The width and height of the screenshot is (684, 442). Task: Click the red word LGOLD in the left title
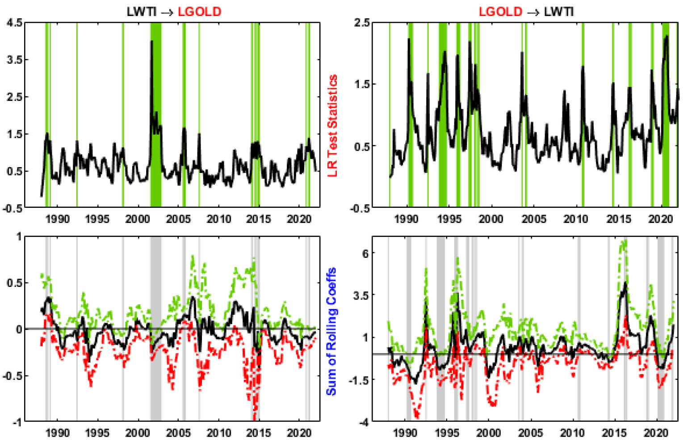tap(199, 11)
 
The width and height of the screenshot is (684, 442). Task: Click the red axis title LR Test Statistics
tap(332, 126)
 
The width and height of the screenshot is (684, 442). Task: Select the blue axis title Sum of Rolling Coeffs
tap(331, 331)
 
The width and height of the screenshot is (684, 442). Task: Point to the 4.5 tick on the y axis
tap(14, 22)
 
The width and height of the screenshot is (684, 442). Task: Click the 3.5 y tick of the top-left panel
tap(14, 59)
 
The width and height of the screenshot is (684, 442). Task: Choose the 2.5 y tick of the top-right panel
tap(362, 22)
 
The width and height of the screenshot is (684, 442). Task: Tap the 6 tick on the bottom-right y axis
tap(365, 253)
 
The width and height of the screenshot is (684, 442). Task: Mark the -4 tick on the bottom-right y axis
tap(364, 422)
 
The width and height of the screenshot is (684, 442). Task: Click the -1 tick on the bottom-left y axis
tap(17, 422)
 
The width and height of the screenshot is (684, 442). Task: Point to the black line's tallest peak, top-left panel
tap(152, 41)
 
